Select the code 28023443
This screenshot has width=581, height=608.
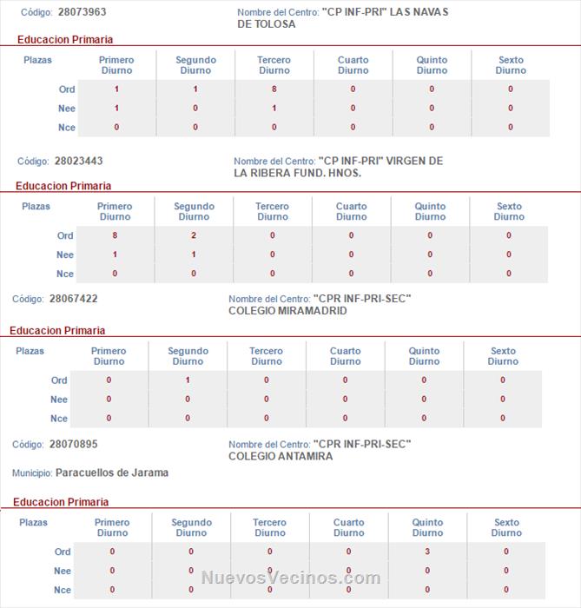[x=78, y=161]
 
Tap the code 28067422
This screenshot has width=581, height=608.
[x=73, y=299]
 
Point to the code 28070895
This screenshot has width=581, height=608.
[x=73, y=444]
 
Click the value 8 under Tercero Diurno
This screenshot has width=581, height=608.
[x=274, y=89]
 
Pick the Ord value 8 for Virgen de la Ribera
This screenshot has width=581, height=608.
[x=115, y=235]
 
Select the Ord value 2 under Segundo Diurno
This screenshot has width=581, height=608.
[x=194, y=235]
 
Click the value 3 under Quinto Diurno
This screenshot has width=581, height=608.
[x=427, y=552]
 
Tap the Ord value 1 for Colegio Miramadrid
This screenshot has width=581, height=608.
[x=188, y=380]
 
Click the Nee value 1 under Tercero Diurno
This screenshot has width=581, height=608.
[x=274, y=109]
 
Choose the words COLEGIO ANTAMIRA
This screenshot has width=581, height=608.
[x=281, y=456]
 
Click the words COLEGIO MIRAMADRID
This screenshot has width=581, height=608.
[x=287, y=310]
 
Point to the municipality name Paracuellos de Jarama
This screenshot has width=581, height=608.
[x=112, y=473]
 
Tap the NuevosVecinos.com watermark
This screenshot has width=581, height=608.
[x=290, y=578]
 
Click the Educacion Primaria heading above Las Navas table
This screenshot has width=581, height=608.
[x=65, y=39]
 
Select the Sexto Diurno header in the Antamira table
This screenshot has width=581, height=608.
[x=506, y=527]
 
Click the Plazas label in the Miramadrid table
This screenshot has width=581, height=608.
[x=30, y=351]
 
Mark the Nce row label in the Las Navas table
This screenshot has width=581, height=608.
[x=67, y=128]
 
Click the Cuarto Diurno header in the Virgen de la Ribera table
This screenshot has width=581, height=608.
[x=351, y=211]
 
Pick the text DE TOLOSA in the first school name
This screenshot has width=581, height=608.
[x=267, y=24]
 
